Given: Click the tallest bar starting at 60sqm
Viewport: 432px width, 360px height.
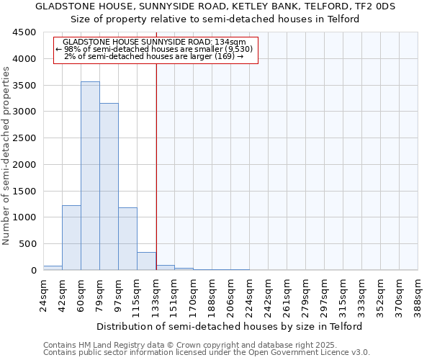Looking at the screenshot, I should click(x=90, y=176).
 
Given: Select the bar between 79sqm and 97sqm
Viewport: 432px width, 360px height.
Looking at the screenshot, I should click(x=109, y=186).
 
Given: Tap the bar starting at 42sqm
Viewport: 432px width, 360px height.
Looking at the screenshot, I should click(x=71, y=238).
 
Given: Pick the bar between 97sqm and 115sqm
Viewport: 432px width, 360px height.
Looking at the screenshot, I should click(x=127, y=238).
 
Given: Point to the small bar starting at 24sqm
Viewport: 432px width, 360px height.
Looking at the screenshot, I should click(x=53, y=268).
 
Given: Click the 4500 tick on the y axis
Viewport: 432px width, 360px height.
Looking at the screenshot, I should click(x=23, y=32).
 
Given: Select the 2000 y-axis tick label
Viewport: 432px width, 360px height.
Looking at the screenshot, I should click(x=23, y=165).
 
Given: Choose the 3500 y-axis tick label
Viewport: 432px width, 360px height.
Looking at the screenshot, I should click(x=23, y=86).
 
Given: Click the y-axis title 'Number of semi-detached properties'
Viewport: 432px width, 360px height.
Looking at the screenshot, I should click(x=6, y=152).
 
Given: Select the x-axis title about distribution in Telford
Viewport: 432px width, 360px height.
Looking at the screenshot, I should click(x=230, y=326).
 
